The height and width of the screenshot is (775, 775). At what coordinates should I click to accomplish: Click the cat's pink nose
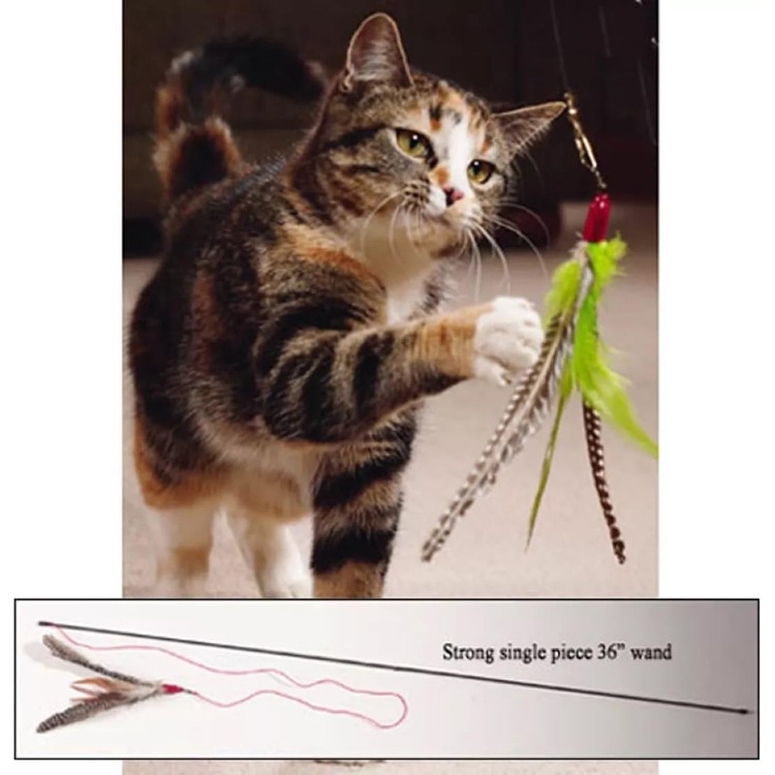pos(452,196)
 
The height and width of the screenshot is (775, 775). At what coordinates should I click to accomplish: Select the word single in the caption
pos(529,653)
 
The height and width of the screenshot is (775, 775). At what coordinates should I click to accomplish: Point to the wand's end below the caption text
pos(745,712)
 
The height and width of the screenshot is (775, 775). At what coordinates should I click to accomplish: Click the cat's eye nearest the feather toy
pos(480,171)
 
